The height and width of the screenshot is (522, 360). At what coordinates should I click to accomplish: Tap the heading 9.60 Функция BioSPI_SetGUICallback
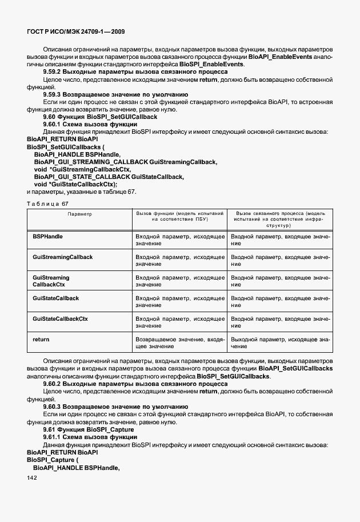[100, 117]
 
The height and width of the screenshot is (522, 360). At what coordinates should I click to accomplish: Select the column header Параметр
[80, 213]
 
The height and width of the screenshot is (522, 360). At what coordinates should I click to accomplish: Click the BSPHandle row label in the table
[48, 236]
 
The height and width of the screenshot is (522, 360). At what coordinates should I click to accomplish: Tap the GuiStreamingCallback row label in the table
[63, 257]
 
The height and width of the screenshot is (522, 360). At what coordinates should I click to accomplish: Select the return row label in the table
[41, 340]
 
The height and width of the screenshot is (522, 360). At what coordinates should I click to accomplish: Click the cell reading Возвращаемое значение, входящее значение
[179, 343]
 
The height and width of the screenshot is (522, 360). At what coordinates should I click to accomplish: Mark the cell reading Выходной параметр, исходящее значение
[280, 343]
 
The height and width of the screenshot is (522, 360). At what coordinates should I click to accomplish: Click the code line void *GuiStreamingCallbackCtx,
[82, 170]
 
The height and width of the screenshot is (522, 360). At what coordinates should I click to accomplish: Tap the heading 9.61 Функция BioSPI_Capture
[89, 429]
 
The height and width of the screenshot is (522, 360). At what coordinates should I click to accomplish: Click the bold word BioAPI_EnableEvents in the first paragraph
[279, 57]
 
